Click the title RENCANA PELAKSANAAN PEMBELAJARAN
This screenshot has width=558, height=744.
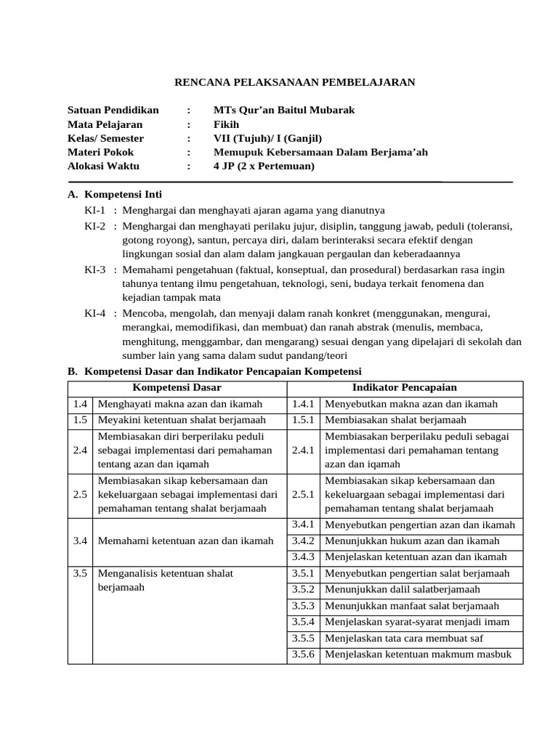click(295, 82)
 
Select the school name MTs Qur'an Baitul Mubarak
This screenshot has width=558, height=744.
click(284, 110)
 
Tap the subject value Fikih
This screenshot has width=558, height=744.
click(225, 124)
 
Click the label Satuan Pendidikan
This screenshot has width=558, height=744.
click(113, 110)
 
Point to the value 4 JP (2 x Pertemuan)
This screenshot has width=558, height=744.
click(264, 166)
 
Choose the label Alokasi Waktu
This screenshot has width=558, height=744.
click(103, 166)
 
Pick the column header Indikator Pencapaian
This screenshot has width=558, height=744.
click(405, 388)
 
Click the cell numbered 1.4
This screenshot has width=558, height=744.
click(80, 404)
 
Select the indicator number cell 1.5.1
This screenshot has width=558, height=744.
click(302, 420)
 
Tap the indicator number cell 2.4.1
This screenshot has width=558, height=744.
click(302, 450)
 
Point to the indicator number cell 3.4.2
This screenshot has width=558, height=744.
click(302, 541)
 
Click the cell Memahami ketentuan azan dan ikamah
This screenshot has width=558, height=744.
click(185, 541)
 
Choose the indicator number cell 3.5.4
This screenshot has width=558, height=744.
click(302, 622)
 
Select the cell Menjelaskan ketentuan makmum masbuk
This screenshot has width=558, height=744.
click(418, 655)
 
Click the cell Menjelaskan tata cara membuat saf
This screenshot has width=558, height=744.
click(404, 639)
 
